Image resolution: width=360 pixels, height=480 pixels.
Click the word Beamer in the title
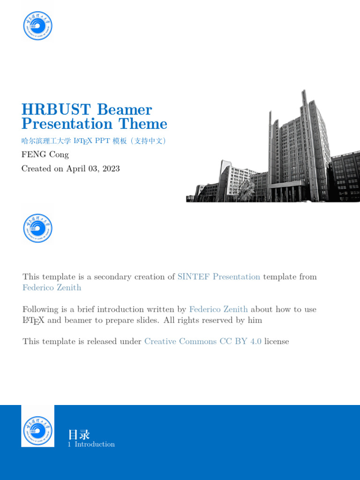(124, 110)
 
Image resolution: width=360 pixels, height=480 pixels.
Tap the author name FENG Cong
(45, 154)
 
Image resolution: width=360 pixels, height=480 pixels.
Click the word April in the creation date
(76, 169)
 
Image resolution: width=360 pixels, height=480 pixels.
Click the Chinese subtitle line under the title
(94, 141)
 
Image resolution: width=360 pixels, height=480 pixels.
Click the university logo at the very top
(37, 25)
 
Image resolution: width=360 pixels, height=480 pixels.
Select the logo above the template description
(37, 228)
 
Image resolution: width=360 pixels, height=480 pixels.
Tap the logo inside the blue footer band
(37, 430)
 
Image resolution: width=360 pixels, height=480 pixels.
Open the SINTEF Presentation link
(218, 277)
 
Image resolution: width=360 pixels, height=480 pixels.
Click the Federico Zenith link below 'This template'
(52, 288)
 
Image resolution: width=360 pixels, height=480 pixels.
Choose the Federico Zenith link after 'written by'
(218, 309)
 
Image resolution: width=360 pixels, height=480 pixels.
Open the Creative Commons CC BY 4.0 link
(202, 342)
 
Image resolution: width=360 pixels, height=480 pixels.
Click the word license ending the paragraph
(277, 342)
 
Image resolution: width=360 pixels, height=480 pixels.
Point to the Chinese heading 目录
(79, 434)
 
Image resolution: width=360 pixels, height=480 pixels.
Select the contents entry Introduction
(95, 444)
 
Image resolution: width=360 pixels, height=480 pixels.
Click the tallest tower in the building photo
(305, 141)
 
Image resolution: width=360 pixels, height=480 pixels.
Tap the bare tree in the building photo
(245, 190)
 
